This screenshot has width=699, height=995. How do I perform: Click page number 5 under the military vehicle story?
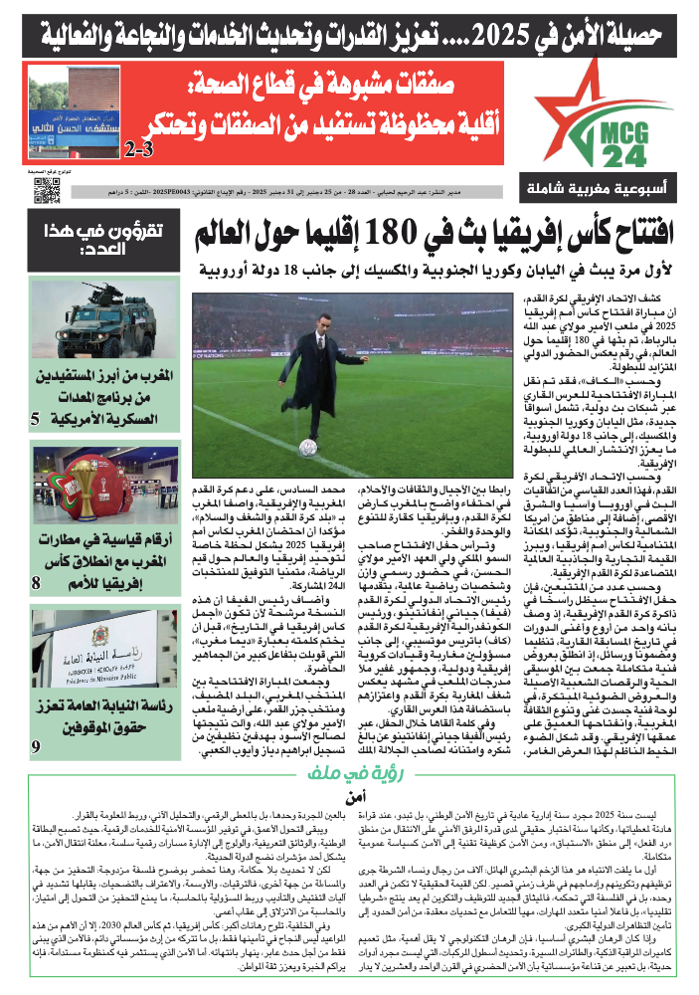37,419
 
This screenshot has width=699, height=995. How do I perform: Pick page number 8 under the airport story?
37,582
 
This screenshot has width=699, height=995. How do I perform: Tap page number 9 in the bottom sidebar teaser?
37,745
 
